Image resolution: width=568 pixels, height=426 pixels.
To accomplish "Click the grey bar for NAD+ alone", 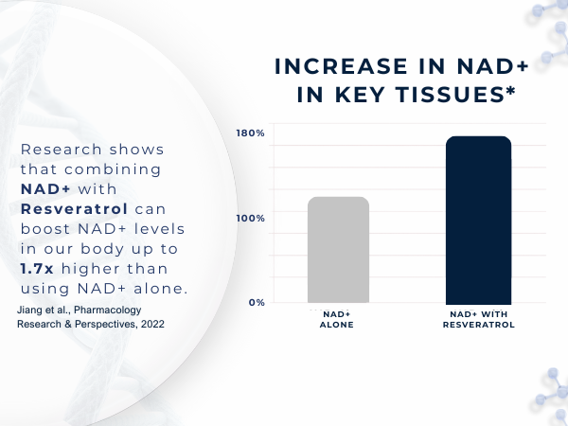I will point(338,250).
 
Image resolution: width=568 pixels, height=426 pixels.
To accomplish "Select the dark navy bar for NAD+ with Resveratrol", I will point(478,220).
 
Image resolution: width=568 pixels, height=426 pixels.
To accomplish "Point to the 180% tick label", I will point(251,133).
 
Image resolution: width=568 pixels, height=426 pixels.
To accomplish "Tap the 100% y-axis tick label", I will point(251,219).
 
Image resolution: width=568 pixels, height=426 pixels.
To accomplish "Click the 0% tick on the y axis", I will point(256,303).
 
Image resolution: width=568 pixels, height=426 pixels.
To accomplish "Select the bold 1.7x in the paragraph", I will point(38,269).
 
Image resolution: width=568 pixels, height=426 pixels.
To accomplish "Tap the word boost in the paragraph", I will point(44,229).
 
